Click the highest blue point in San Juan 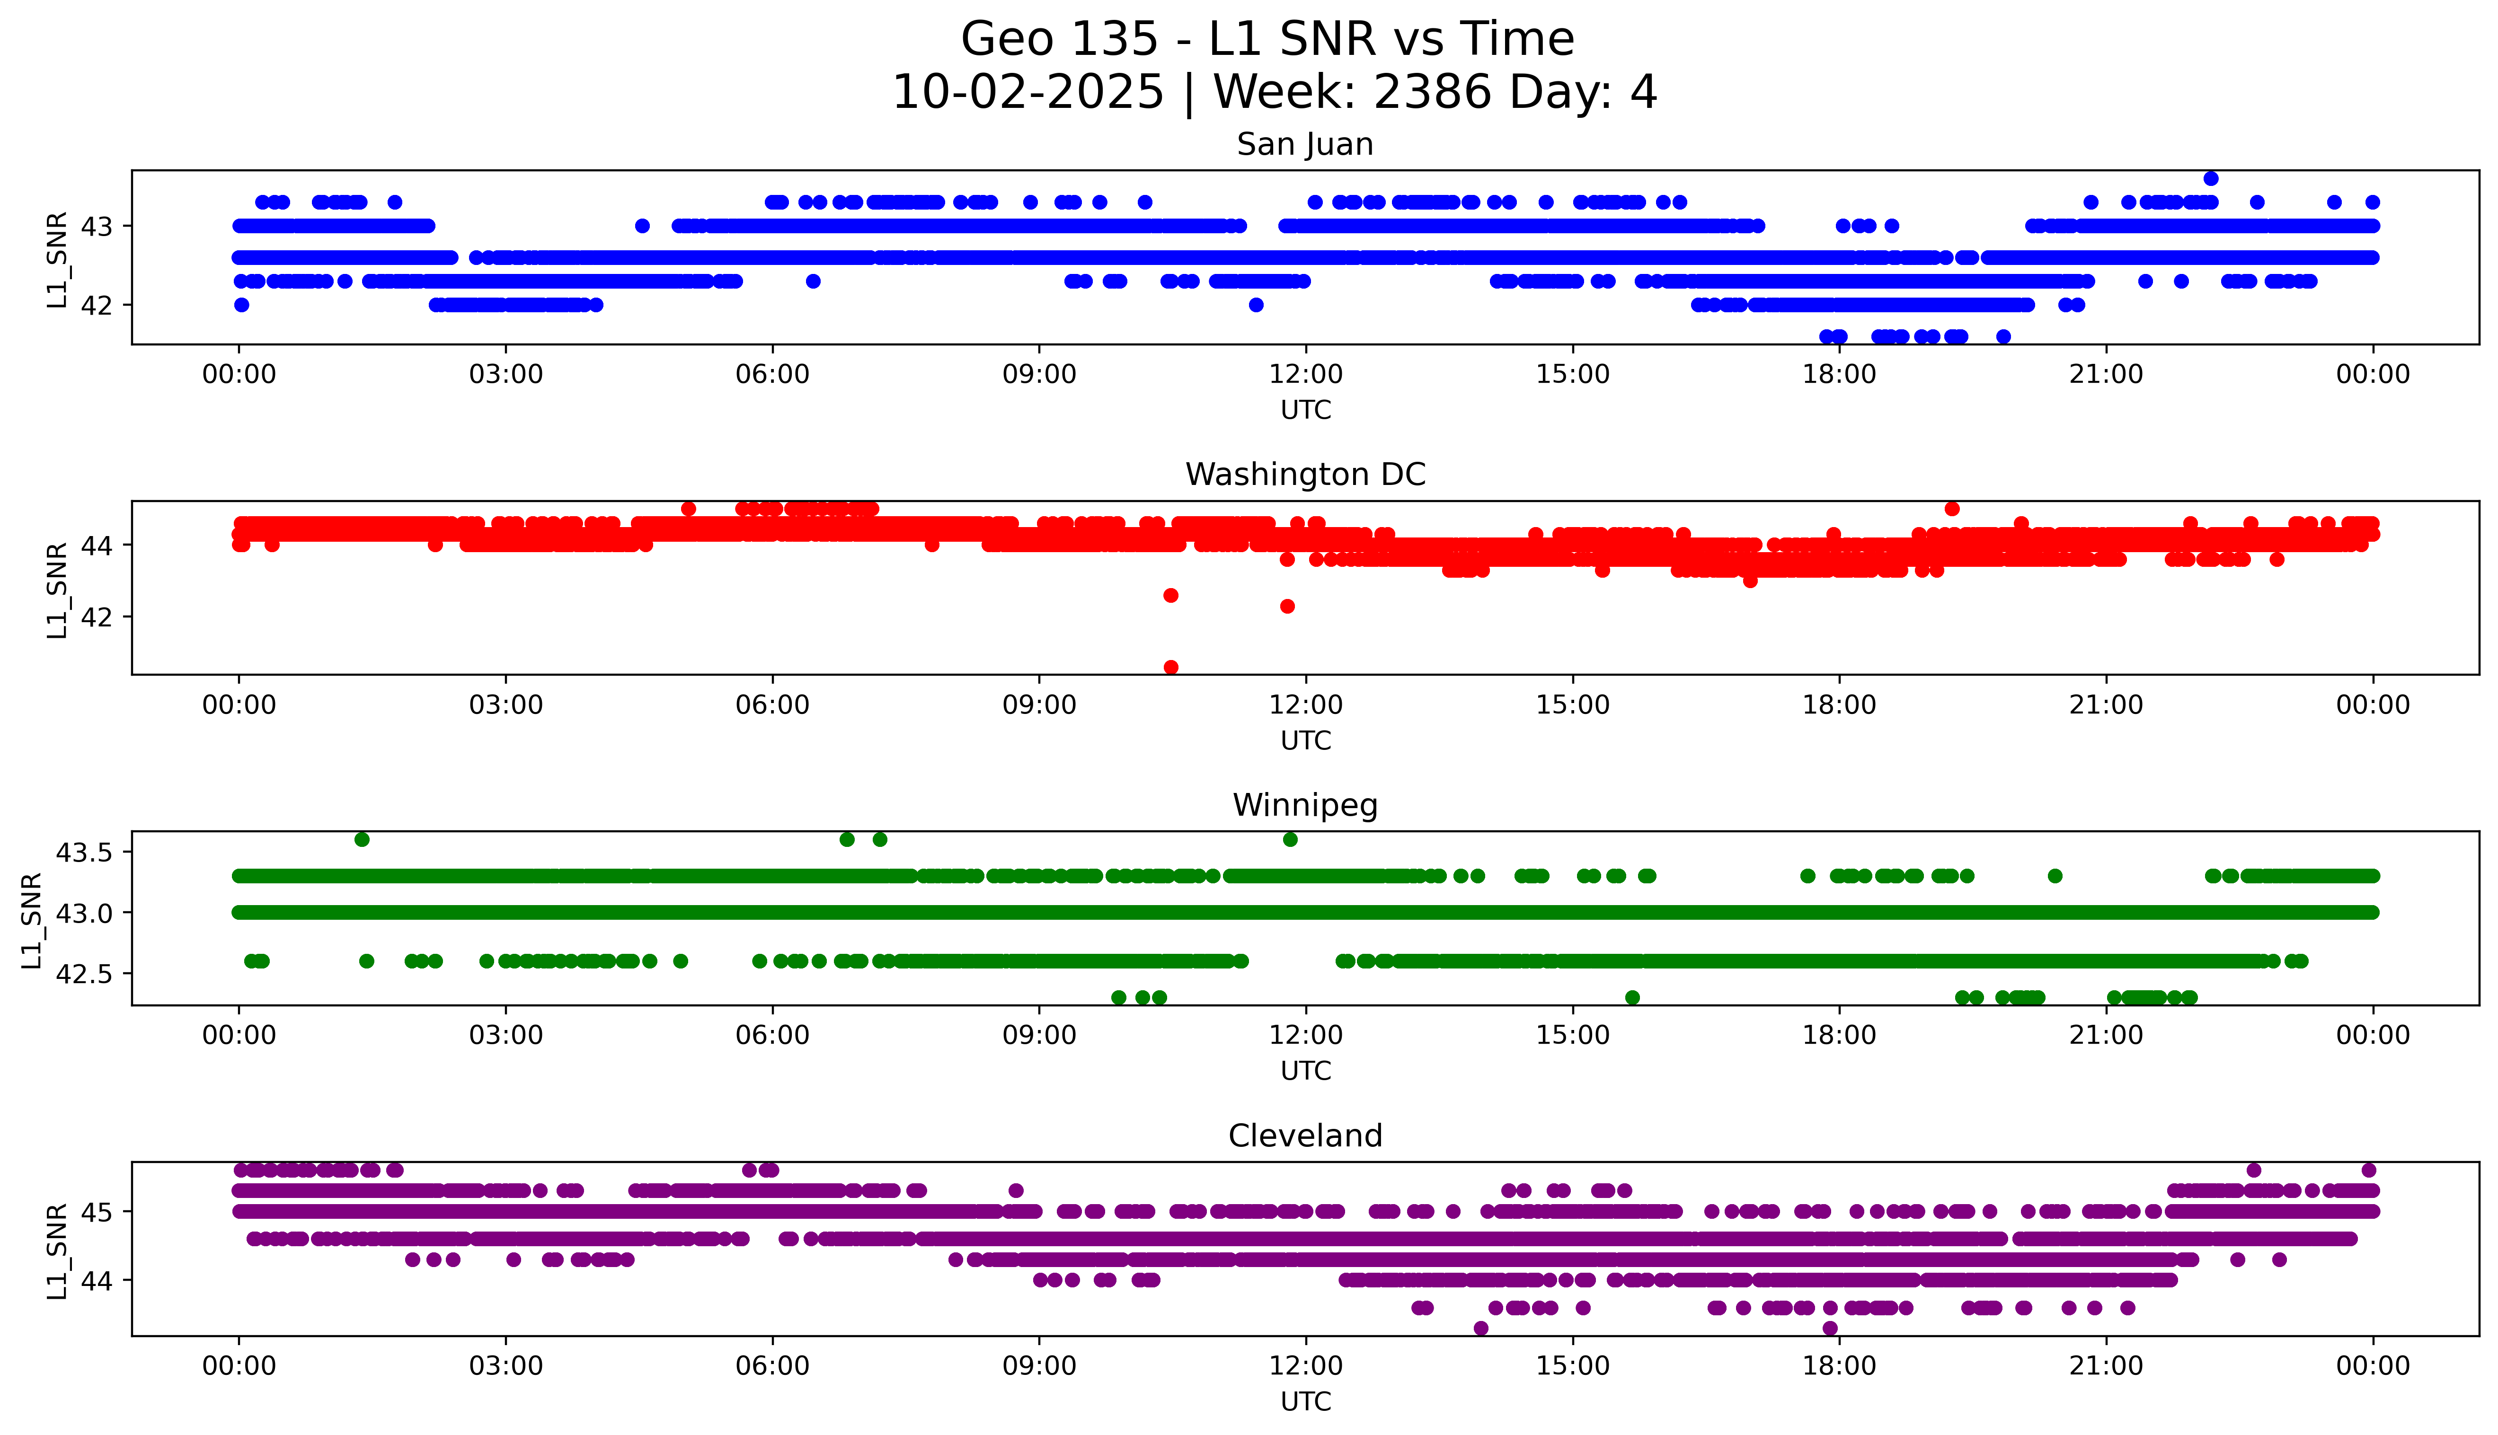coord(2211,178)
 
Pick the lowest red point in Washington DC coord(1171,667)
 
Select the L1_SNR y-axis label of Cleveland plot coord(57,1250)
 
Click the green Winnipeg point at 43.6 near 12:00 coord(1290,840)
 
